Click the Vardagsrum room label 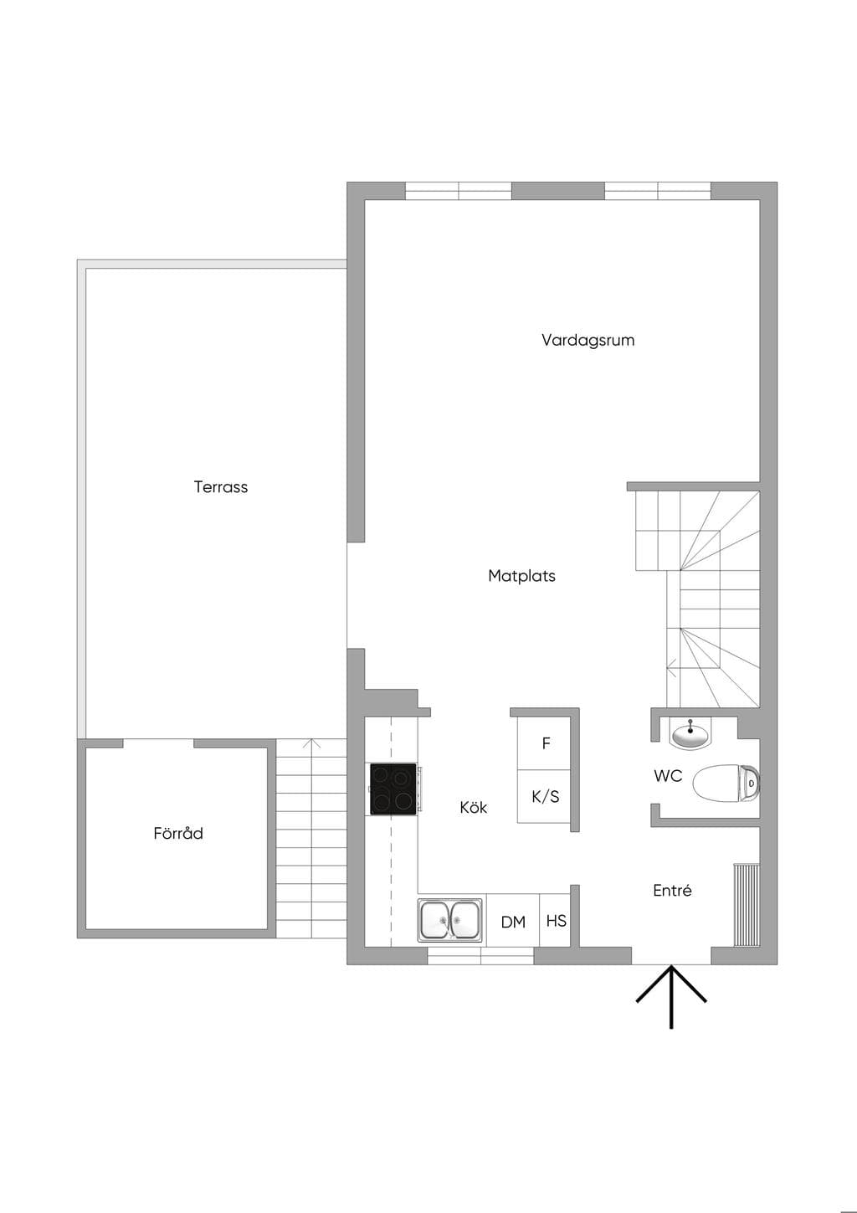click(588, 340)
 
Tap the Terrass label click(221, 487)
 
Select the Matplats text click(522, 576)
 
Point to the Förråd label click(178, 832)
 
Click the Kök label click(473, 807)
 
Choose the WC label click(668, 776)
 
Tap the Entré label click(672, 890)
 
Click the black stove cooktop click(393, 789)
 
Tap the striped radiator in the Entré click(747, 905)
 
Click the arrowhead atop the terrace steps click(311, 743)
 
